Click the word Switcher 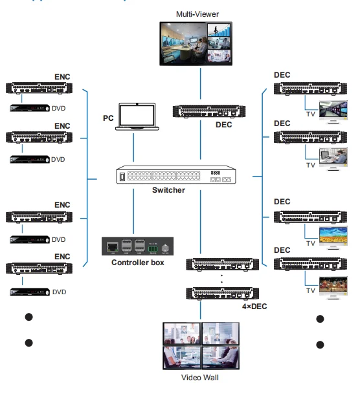tap(168, 190)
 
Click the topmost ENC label tap(62, 77)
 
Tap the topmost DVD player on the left tap(28, 108)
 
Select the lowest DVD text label tap(59, 292)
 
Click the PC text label tap(108, 118)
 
